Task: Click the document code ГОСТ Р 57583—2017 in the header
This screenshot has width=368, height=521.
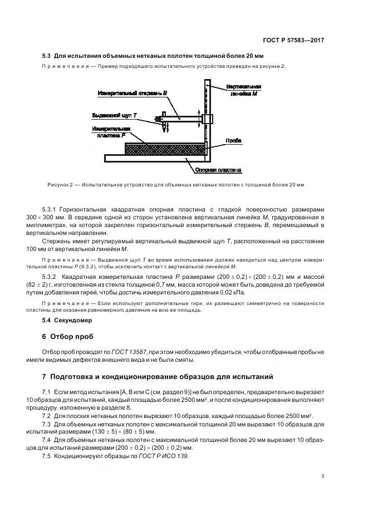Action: (294, 41)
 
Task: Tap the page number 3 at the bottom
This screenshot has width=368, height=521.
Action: (322, 475)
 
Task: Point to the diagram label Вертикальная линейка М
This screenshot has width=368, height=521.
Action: (243, 91)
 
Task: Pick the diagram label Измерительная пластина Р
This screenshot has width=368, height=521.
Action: (114, 131)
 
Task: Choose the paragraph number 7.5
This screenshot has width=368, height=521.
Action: (47, 456)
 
